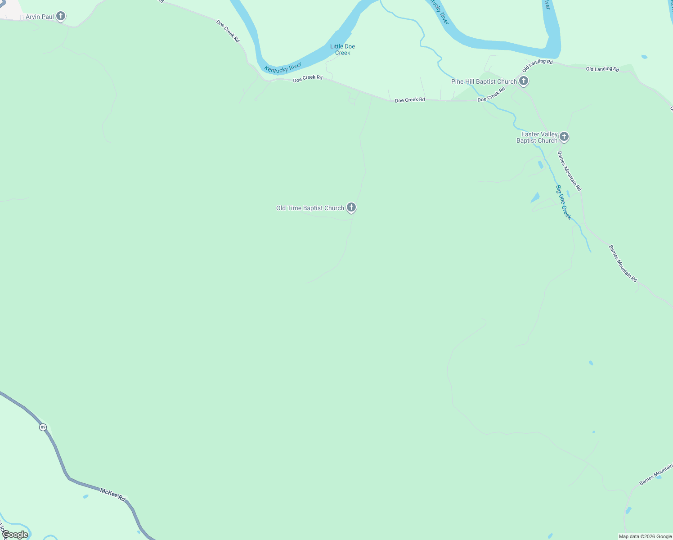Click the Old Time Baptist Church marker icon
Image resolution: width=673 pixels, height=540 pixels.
point(351,207)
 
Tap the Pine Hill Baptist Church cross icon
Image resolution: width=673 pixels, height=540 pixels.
point(523,81)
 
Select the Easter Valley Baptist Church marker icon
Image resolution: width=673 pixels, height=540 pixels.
point(564,137)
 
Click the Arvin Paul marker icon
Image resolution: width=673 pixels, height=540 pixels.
point(61,17)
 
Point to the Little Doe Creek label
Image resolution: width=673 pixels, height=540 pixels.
point(342,49)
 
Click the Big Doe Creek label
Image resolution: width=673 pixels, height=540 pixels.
point(563,202)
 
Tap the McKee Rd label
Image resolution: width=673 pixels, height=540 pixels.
point(112,495)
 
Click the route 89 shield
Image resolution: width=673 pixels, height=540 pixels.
point(43,427)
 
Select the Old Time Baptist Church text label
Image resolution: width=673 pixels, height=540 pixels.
point(310,208)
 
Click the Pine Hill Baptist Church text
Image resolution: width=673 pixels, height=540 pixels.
point(484,81)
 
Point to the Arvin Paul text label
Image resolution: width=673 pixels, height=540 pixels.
point(40,17)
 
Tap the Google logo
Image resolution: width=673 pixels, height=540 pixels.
point(15,535)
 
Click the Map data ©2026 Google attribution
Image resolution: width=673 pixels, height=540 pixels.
point(645,536)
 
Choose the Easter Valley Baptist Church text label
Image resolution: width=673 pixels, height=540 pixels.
point(537,137)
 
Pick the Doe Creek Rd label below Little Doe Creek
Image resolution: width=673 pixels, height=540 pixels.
point(308,78)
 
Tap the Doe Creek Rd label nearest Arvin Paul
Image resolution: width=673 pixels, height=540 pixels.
point(228,31)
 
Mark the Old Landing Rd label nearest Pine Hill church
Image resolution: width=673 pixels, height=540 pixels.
point(537,65)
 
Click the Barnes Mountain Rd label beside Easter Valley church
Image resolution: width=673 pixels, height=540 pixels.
point(570,171)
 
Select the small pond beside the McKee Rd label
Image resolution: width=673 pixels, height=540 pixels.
point(85,497)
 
